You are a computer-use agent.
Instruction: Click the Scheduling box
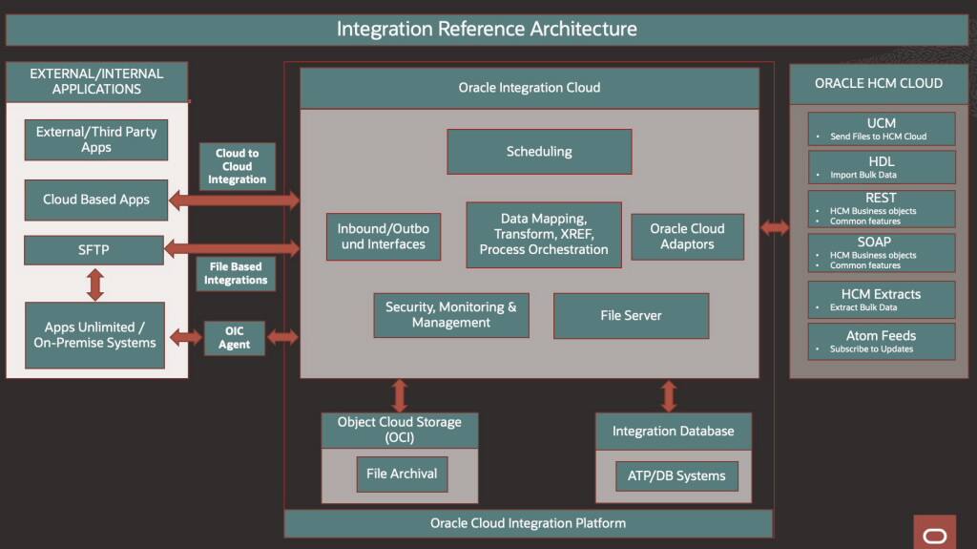click(539, 152)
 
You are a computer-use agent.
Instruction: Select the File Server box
click(631, 316)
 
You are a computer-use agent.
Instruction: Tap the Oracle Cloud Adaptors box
click(687, 237)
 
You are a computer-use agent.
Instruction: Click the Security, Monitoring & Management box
click(451, 315)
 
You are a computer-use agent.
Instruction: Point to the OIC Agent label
click(234, 338)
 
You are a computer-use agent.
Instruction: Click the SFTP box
click(94, 250)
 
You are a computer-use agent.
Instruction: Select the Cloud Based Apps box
click(95, 200)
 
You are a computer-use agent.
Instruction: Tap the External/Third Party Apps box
click(95, 139)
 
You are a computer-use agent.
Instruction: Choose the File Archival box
click(402, 474)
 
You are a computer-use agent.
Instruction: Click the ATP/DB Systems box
click(676, 475)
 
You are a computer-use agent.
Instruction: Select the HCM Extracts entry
click(882, 299)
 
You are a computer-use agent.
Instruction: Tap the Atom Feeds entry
click(882, 341)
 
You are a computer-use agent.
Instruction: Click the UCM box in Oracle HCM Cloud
click(882, 129)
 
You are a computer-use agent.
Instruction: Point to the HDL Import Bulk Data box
click(882, 167)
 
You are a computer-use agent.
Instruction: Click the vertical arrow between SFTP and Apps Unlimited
click(94, 285)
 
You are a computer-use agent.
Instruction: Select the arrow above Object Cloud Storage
click(400, 395)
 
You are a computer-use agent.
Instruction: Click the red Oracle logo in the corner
click(934, 532)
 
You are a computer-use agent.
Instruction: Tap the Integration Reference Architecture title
click(487, 30)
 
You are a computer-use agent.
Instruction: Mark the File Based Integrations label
click(236, 273)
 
